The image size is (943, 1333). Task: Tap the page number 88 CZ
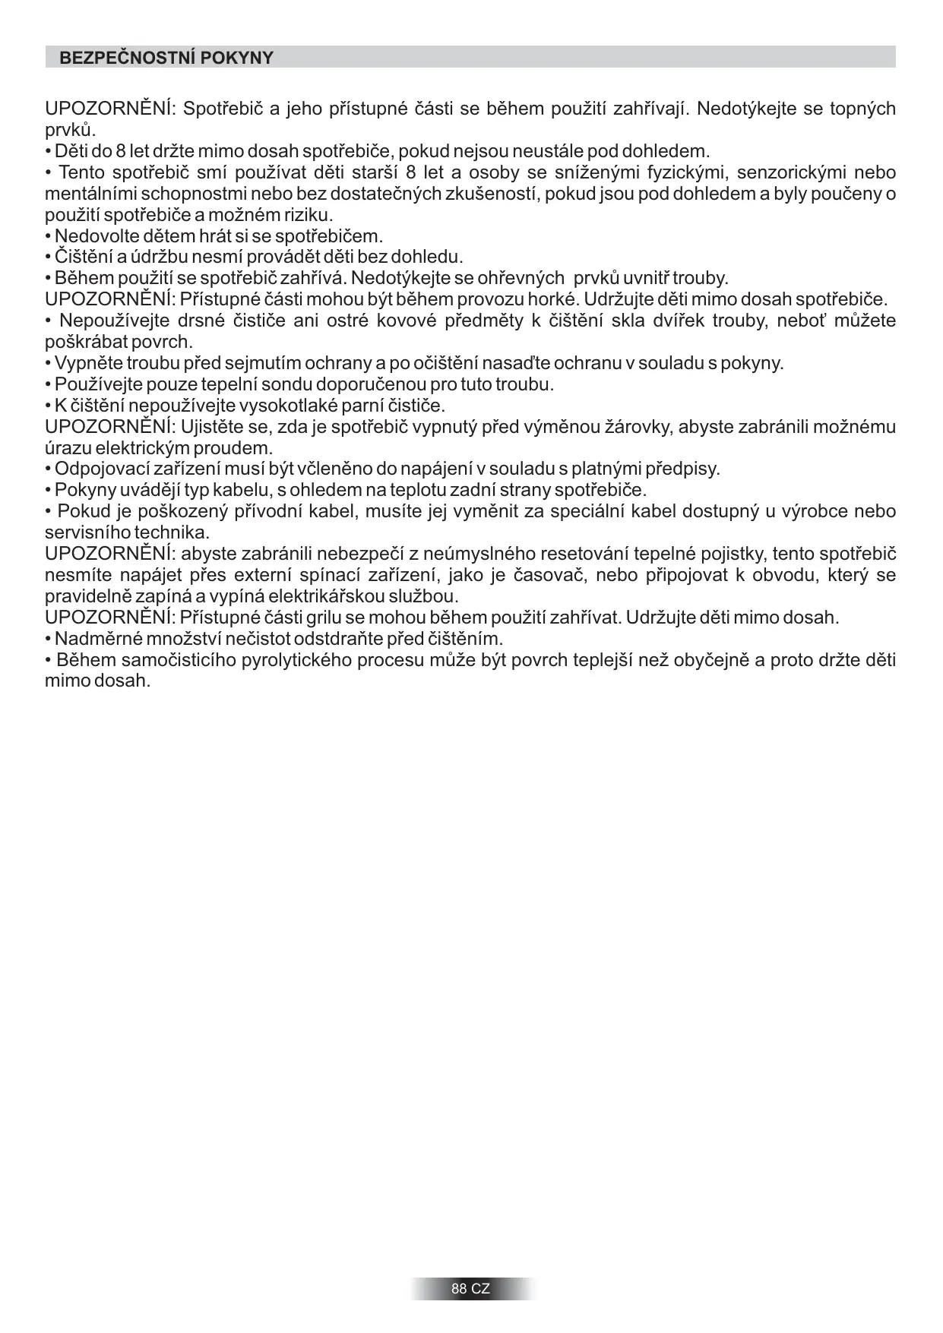click(470, 1289)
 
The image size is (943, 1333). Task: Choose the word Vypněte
click(88, 363)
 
